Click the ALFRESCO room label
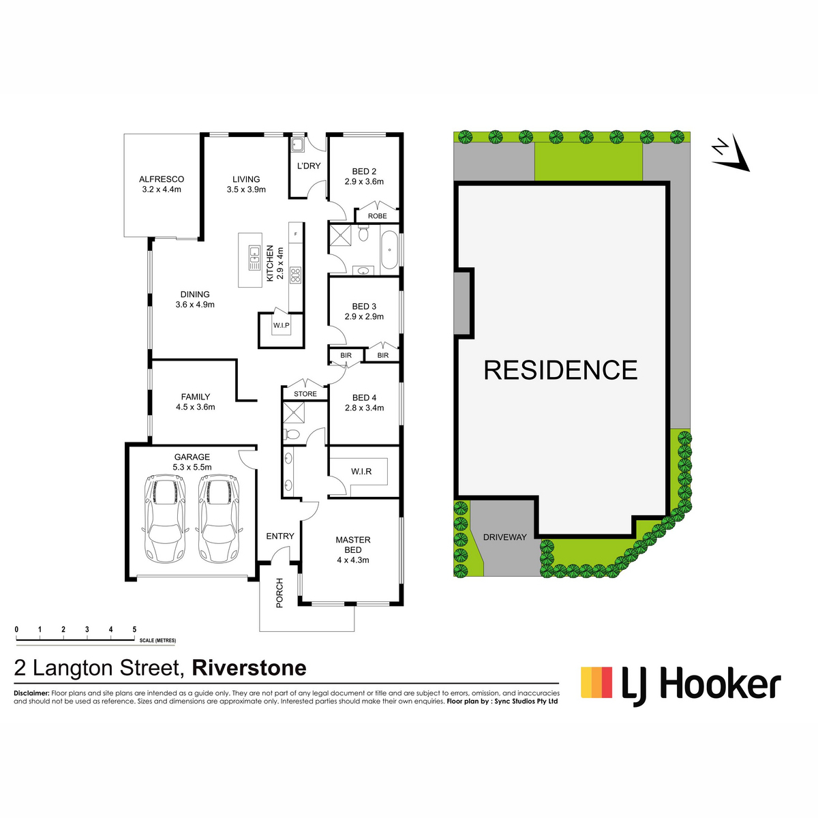pyautogui.click(x=162, y=179)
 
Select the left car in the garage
pyautogui.click(x=165, y=518)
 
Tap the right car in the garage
pyautogui.click(x=219, y=518)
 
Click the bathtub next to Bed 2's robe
pyautogui.click(x=389, y=251)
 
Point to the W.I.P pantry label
pyautogui.click(x=282, y=325)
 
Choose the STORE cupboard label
pyautogui.click(x=305, y=394)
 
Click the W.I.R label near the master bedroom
pyautogui.click(x=361, y=471)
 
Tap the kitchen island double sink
pyautogui.click(x=254, y=258)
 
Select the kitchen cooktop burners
pyautogui.click(x=295, y=275)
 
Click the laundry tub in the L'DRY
pyautogui.click(x=297, y=145)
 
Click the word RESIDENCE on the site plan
pyautogui.click(x=560, y=369)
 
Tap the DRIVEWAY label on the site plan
pyautogui.click(x=504, y=537)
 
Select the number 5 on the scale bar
pyautogui.click(x=134, y=630)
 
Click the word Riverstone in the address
pyautogui.click(x=249, y=668)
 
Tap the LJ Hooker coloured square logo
pyautogui.click(x=596, y=682)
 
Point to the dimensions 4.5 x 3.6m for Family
pyautogui.click(x=195, y=407)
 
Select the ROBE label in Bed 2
pyautogui.click(x=378, y=216)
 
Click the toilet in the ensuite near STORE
pyautogui.click(x=292, y=434)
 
